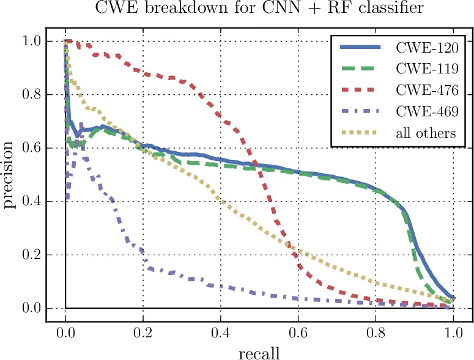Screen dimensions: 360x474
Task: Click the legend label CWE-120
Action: [426, 47]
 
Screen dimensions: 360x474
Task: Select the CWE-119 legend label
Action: [426, 69]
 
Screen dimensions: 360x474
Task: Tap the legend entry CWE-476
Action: [426, 90]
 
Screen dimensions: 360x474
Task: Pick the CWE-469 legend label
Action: [426, 111]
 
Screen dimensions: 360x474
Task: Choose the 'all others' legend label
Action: [426, 133]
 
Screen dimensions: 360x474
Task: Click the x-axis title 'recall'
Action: [259, 352]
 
